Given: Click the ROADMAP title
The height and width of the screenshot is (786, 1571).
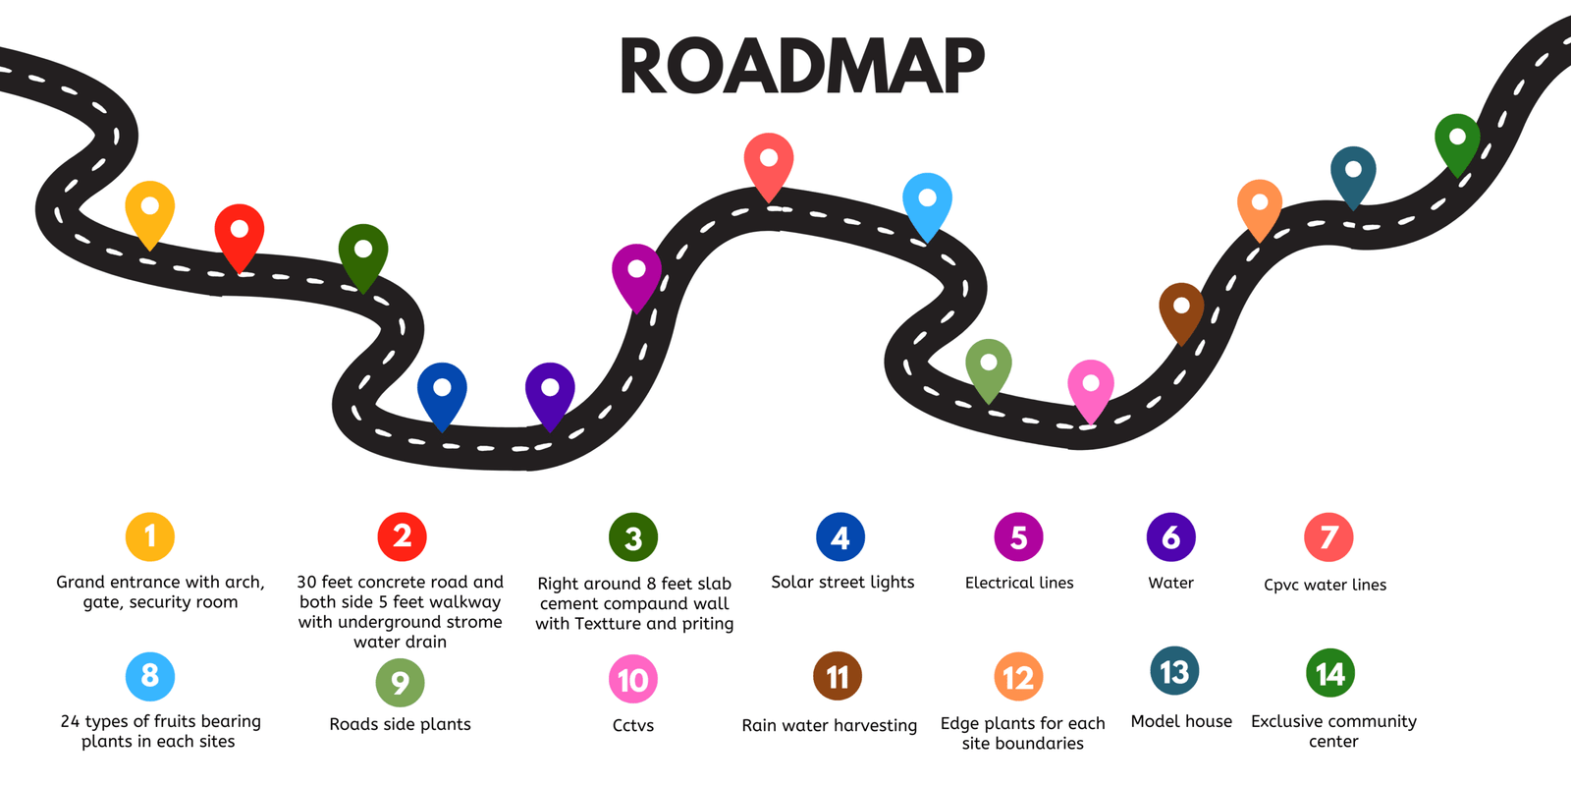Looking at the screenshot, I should (x=801, y=67).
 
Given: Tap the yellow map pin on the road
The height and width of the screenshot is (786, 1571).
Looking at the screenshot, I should (x=150, y=208).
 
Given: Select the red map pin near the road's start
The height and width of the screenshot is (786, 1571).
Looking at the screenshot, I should (x=240, y=232).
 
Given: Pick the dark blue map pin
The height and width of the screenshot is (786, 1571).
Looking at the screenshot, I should (x=442, y=390).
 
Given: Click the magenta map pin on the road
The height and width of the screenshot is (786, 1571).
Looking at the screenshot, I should (x=636, y=271).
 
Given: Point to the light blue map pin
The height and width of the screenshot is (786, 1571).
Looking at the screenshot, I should (x=927, y=200).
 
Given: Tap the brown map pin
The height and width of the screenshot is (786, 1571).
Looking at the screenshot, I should (x=1181, y=309).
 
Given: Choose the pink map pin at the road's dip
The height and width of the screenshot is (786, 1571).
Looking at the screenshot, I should (x=1090, y=385).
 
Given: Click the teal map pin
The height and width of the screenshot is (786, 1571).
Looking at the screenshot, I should (x=1353, y=172).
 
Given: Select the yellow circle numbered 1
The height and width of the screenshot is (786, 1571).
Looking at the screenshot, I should (x=150, y=536).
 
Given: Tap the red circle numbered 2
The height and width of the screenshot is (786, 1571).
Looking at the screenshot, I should (x=402, y=536).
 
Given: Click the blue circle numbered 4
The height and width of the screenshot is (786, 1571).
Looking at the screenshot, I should (x=840, y=537).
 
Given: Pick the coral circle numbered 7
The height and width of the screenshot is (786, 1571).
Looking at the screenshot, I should (x=1328, y=537).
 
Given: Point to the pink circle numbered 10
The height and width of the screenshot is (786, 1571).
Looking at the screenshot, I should (x=633, y=680).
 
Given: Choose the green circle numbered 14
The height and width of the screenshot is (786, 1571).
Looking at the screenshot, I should (x=1330, y=674).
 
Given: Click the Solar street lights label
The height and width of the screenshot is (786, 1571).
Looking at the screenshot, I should (x=842, y=583).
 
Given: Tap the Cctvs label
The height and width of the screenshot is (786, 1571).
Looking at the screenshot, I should (x=633, y=726).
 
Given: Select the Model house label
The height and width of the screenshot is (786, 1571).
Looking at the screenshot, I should (x=1181, y=722).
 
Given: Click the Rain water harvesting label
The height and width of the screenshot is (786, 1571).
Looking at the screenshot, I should (x=830, y=726).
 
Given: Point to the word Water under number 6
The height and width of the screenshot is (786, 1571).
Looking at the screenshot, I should (x=1170, y=584).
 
